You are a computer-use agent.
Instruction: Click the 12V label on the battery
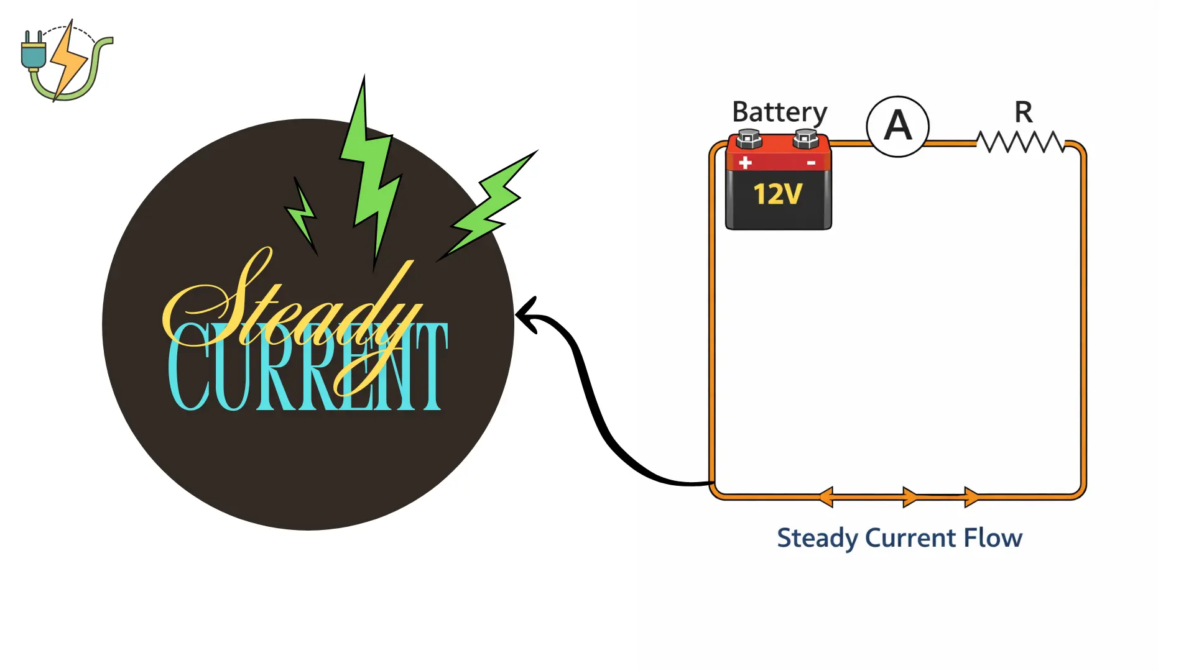(778, 194)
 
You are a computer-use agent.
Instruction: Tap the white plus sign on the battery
(746, 163)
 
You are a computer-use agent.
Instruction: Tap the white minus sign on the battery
(811, 163)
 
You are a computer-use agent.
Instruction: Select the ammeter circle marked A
(897, 127)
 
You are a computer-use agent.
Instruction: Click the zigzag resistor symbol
(1020, 142)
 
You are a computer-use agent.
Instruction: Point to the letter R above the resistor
(1023, 113)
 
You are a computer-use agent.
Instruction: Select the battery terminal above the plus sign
(749, 139)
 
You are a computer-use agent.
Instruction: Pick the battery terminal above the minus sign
(806, 139)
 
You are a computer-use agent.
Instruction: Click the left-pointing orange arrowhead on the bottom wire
(826, 497)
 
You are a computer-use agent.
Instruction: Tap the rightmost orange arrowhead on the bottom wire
(971, 497)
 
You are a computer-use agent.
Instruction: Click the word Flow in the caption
(993, 538)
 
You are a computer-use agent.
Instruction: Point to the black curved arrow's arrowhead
(525, 315)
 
